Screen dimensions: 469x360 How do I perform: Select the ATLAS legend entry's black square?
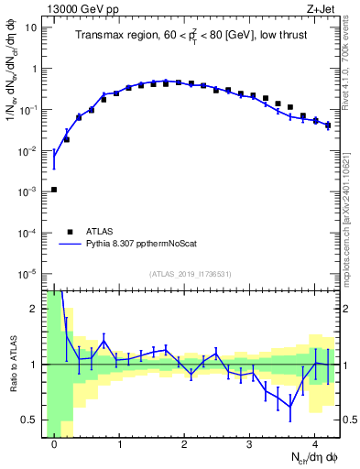coord(68,232)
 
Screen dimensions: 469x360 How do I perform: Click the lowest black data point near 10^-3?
coord(54,190)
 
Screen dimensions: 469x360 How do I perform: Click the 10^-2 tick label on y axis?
coord(28,150)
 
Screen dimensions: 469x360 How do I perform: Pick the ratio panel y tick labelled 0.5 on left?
coord(30,420)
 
